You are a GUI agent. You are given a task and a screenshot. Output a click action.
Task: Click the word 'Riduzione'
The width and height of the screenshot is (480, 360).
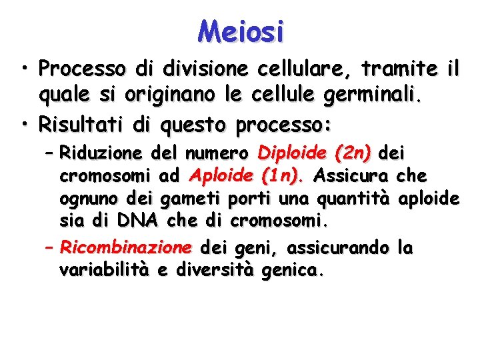tap(100, 154)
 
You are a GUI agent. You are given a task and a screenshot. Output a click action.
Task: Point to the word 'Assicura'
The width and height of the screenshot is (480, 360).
tap(351, 177)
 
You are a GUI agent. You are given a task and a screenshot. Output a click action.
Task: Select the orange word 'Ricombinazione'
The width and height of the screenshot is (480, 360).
tap(125, 249)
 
